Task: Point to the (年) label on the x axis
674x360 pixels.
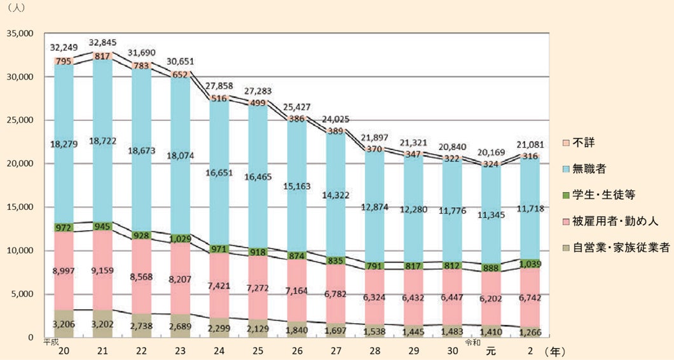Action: click(554, 350)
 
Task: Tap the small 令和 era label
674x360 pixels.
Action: click(474, 342)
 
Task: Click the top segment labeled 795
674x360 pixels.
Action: click(64, 61)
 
